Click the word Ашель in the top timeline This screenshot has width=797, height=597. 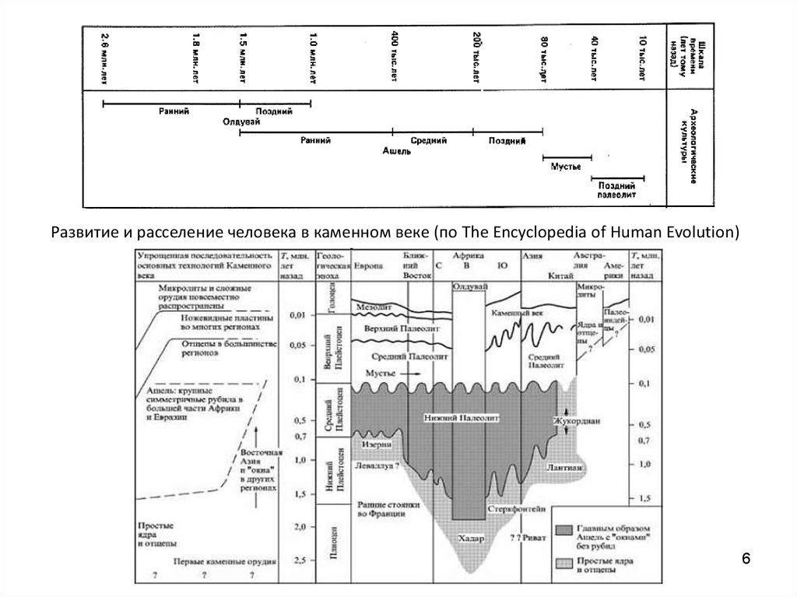click(x=397, y=151)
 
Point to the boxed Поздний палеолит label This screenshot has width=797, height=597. click(x=618, y=191)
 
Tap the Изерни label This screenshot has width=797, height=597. click(x=374, y=444)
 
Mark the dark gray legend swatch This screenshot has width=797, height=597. click(x=565, y=529)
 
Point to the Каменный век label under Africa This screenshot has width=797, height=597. click(x=517, y=313)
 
